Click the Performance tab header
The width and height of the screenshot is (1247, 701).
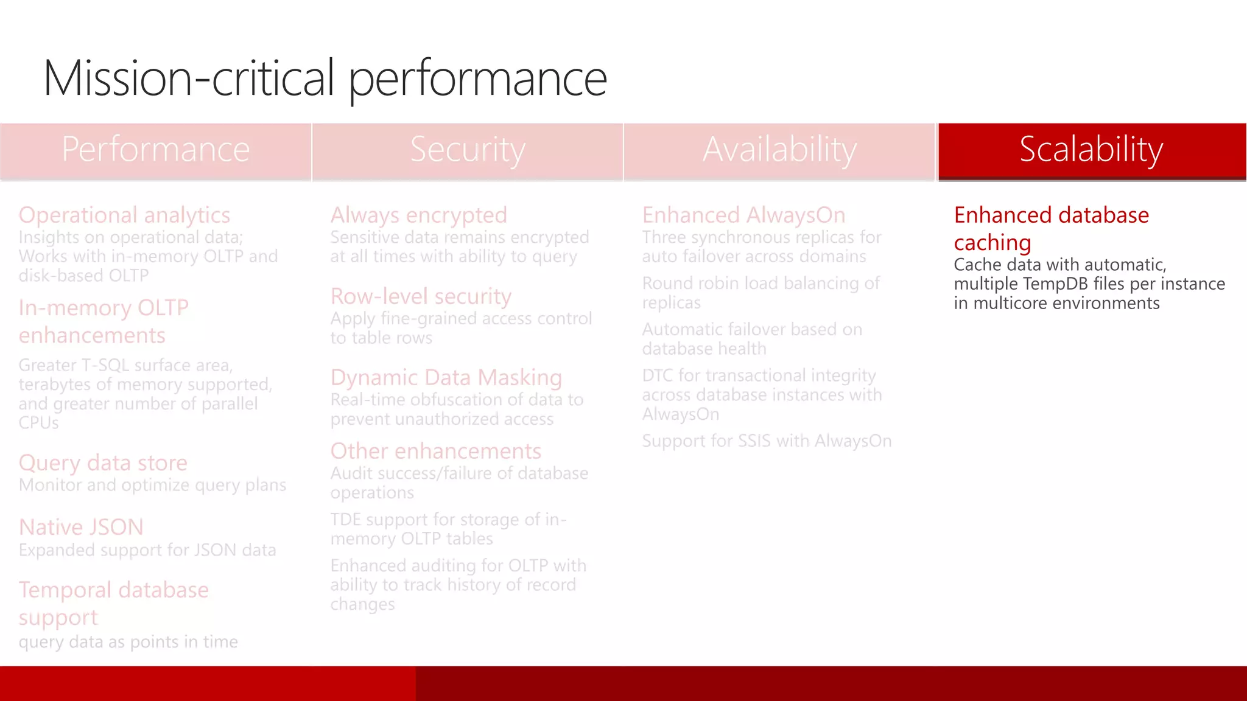point(156,150)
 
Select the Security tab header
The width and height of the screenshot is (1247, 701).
point(467,150)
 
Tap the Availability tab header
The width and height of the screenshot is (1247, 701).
point(779,150)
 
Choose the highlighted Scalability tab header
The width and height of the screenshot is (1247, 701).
point(1091,150)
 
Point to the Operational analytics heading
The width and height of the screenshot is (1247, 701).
point(124,215)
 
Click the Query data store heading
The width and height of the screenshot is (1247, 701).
point(103,463)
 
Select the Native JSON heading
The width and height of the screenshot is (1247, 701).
point(81,527)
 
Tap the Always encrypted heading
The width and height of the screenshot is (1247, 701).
point(418,215)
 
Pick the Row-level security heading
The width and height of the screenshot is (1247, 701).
point(421,296)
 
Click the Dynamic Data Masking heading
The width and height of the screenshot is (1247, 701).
point(446,377)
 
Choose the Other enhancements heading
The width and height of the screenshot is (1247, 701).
point(435,451)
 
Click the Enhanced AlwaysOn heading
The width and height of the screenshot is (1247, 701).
point(743,215)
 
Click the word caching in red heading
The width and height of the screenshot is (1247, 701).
point(992,243)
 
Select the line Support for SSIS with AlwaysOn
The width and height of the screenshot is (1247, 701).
point(766,441)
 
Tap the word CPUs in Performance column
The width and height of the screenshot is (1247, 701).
point(38,423)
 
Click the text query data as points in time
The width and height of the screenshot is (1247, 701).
point(128,642)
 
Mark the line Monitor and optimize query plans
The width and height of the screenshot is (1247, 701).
point(152,485)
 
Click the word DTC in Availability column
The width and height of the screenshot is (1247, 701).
point(658,375)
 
